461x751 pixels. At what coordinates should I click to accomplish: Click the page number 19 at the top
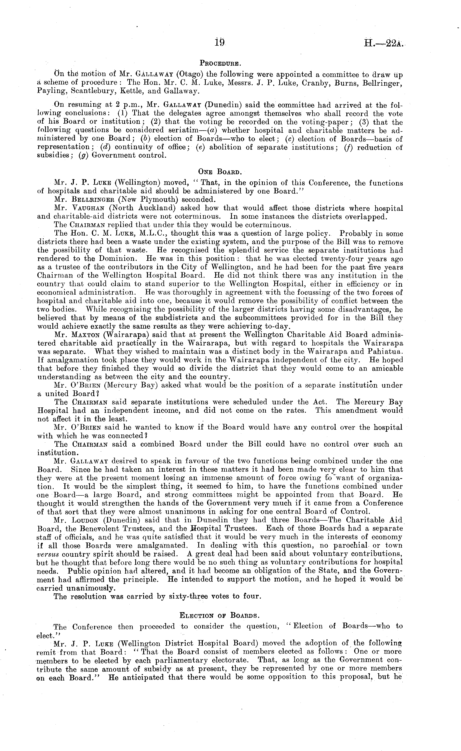click(220, 42)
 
